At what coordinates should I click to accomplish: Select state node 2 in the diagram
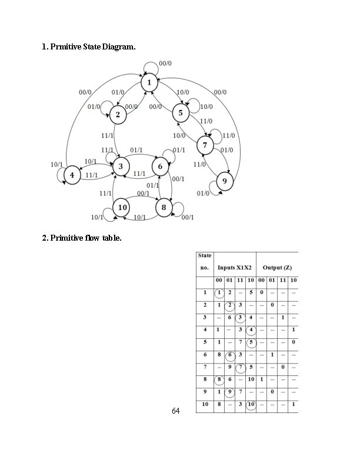(118, 114)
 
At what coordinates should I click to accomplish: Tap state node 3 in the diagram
(121, 167)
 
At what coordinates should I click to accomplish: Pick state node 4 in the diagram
(72, 175)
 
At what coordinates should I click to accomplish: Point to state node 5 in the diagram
(181, 112)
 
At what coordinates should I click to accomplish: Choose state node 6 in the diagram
(160, 167)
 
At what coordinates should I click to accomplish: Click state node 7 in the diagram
(205, 145)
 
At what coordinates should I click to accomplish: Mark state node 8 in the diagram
(164, 207)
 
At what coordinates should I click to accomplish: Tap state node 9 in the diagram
(224, 181)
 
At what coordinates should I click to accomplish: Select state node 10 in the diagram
(122, 207)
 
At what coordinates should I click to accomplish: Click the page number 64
(175, 410)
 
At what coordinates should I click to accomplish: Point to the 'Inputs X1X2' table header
(235, 268)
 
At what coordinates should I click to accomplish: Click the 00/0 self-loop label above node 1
(165, 64)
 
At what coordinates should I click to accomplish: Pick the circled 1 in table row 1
(219, 292)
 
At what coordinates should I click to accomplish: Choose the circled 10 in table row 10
(251, 405)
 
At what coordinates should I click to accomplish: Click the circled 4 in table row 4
(251, 330)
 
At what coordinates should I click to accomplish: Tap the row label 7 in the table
(205, 367)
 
